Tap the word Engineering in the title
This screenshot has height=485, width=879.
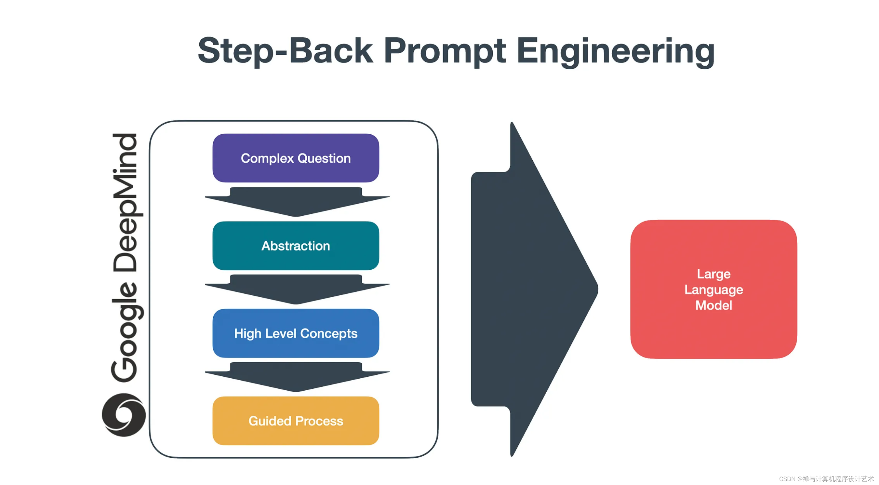point(615,51)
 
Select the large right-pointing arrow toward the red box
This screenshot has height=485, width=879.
point(532,290)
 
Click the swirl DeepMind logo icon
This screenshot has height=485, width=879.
point(124,415)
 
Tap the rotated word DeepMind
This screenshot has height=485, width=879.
point(126,202)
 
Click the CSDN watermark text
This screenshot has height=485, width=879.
point(826,478)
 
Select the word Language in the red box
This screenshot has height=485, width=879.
point(713,290)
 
